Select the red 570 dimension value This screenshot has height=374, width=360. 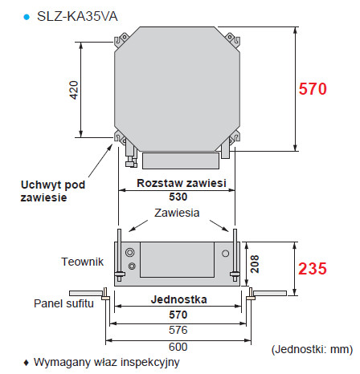coord(313,90)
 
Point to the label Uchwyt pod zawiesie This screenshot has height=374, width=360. coord(50,190)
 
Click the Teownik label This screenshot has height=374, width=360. coord(81,261)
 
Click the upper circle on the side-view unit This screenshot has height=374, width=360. coord(129,252)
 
